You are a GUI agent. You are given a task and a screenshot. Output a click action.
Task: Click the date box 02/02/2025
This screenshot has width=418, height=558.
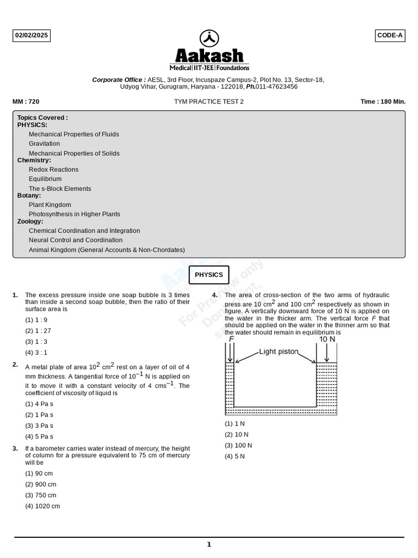tap(32, 36)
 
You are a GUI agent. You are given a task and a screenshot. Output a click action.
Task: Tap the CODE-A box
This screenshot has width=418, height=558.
tap(390, 36)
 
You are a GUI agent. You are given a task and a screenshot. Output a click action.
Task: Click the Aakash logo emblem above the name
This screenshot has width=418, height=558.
tap(210, 38)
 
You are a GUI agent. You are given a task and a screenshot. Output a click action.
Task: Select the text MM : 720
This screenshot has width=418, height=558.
tap(26, 102)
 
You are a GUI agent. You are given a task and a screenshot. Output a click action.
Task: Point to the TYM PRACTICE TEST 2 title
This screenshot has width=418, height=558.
tap(209, 102)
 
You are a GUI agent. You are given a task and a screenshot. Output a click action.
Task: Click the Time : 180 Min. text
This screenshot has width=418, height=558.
tap(383, 102)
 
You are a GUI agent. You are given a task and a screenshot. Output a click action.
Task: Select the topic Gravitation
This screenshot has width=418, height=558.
tap(44, 144)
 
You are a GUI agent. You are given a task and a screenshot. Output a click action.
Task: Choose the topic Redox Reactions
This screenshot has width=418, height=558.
tap(53, 169)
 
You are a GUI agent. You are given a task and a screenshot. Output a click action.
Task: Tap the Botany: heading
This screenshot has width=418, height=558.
tap(29, 196)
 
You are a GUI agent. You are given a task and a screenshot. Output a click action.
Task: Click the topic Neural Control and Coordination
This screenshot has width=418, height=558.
tap(76, 240)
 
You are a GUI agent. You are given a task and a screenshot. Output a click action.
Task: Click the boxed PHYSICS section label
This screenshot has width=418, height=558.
tap(209, 275)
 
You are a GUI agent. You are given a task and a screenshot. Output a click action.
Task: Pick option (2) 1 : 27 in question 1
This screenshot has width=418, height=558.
tap(38, 331)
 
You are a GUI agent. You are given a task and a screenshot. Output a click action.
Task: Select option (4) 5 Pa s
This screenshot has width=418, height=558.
tap(39, 436)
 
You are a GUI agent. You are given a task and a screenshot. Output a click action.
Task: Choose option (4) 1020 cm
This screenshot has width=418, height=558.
tap(42, 506)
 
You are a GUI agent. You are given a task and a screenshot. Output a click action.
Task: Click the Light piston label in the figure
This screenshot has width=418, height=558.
tap(279, 352)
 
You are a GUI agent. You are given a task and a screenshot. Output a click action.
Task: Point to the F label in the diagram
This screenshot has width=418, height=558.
tap(231, 339)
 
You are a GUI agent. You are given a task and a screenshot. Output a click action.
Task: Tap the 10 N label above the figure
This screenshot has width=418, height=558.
tap(327, 339)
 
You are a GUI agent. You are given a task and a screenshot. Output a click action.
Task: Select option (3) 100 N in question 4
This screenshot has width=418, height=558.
tap(238, 445)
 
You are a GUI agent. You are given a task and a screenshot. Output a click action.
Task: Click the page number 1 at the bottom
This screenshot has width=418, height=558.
tap(209, 544)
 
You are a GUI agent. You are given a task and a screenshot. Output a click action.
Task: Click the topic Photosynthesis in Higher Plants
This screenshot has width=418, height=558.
tap(75, 215)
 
